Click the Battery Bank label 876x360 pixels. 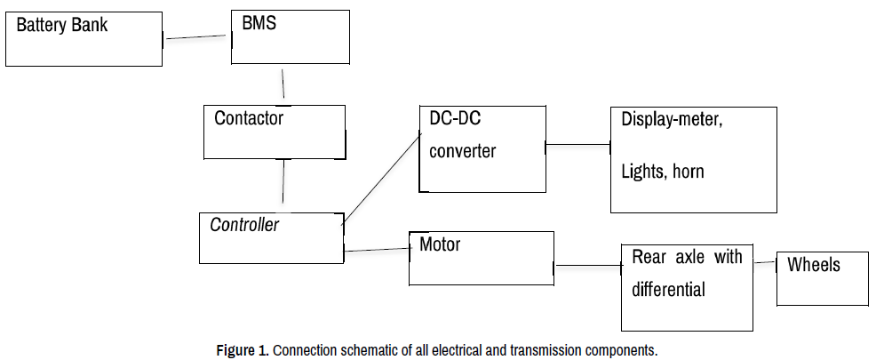(62, 25)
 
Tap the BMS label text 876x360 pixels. (259, 24)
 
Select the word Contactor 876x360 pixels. (249, 117)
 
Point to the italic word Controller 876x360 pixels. (243, 225)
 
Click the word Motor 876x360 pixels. (440, 244)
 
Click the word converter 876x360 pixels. (462, 150)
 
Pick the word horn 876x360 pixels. (686, 171)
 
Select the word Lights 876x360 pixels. (641, 171)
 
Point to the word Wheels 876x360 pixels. (813, 265)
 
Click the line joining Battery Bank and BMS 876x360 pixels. (196, 37)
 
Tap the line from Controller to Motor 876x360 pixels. (376, 250)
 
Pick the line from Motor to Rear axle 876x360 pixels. (587, 265)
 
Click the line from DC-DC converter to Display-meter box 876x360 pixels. (577, 143)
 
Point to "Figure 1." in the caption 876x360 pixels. (243, 349)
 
